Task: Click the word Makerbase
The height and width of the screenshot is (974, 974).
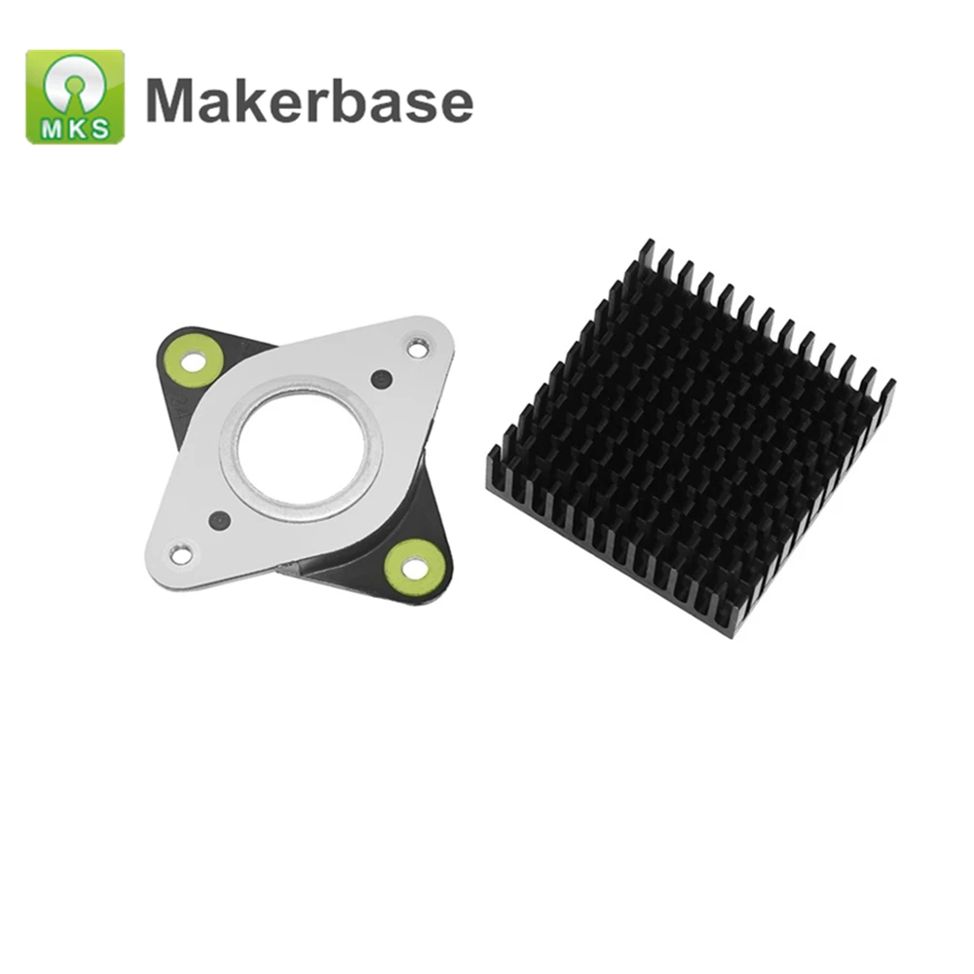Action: (310, 101)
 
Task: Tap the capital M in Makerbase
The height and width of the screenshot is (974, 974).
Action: (171, 101)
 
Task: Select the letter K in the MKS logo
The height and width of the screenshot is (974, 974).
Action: (76, 131)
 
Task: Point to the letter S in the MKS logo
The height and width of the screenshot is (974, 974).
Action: (100, 131)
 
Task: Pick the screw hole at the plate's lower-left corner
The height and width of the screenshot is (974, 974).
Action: (180, 554)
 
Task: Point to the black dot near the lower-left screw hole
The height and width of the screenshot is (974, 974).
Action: (220, 520)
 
